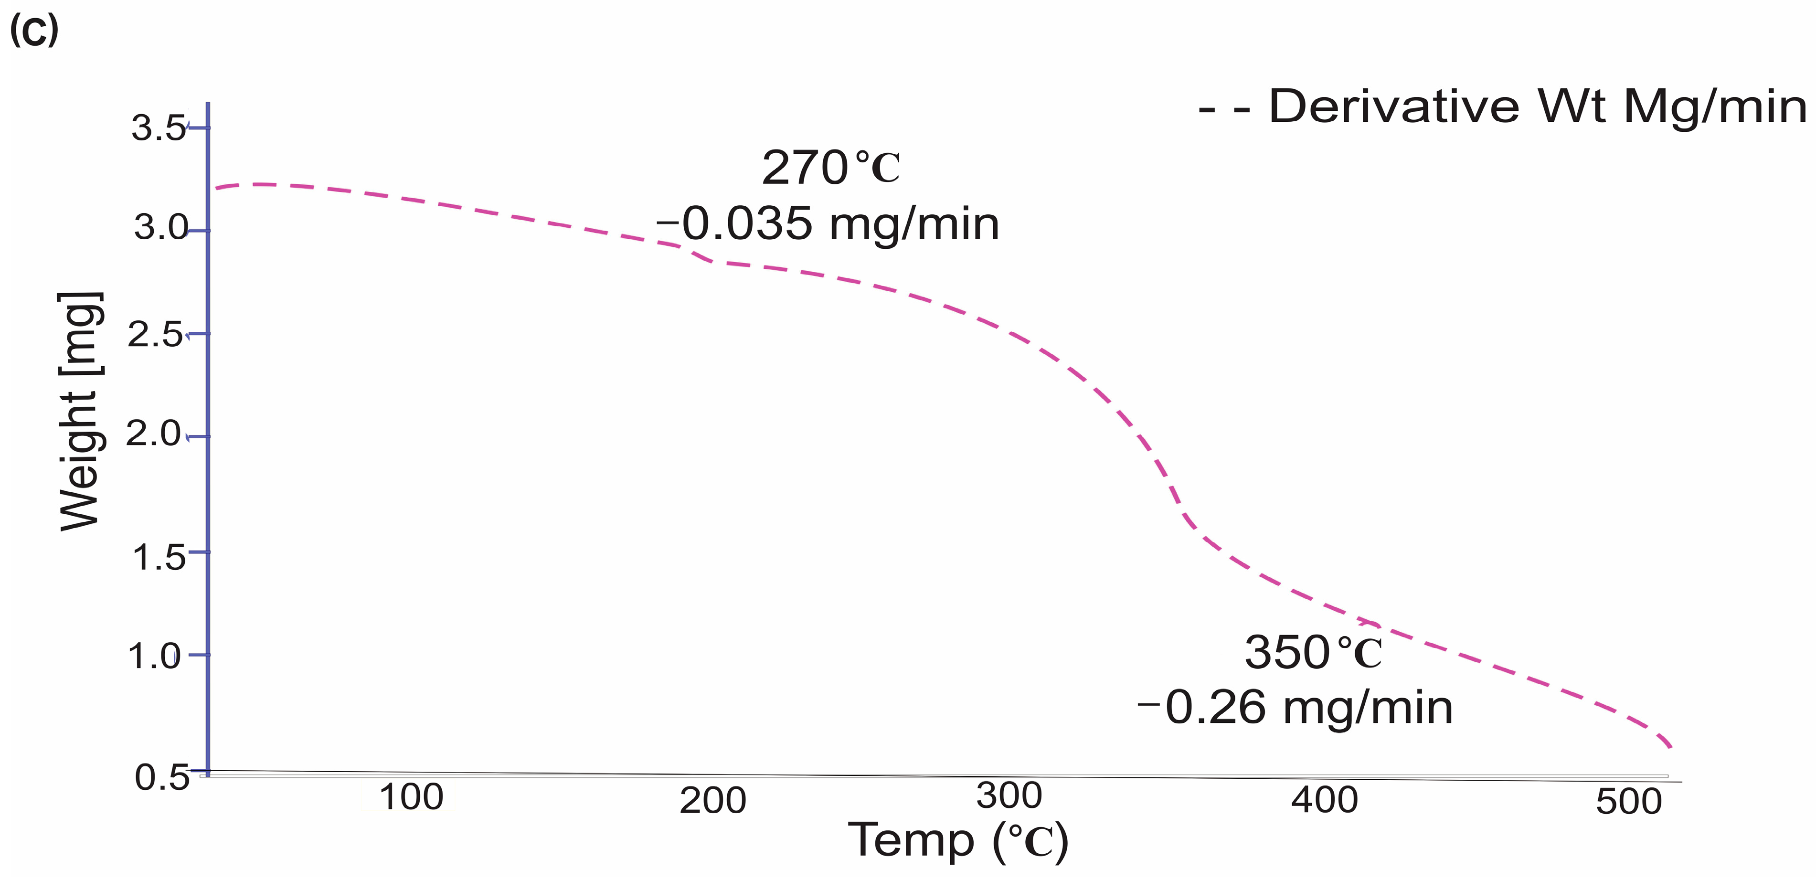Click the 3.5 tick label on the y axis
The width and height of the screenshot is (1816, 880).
pos(159,128)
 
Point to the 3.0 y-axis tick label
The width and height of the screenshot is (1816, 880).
pos(161,227)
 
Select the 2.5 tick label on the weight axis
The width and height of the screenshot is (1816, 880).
pos(155,334)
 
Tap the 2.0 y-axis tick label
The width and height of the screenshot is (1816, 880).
pos(154,433)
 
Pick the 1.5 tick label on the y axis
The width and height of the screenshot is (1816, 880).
pos(159,558)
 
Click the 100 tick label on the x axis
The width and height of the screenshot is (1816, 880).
pos(411,797)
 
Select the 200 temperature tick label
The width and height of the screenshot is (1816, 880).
pos(713,800)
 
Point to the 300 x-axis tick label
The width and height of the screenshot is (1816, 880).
pos(1009,796)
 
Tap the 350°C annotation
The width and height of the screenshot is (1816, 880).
pos(1313,652)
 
